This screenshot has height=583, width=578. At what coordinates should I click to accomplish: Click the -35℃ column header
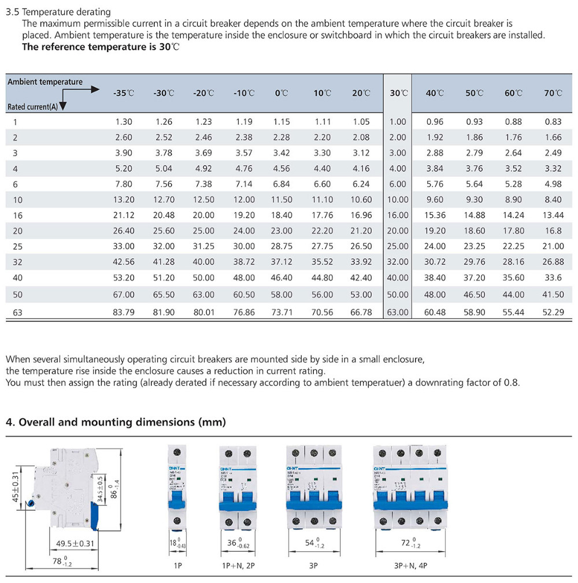point(123,93)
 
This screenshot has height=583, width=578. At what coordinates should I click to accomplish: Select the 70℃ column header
point(553,93)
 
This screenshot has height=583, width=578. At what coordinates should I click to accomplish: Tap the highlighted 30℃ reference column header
point(398,93)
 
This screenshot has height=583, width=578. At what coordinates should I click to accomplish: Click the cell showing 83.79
point(124,313)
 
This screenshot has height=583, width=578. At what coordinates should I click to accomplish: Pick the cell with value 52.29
point(553,313)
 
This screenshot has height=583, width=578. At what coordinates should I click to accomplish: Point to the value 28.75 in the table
point(281,246)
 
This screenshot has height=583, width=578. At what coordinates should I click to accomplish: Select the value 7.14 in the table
point(244,184)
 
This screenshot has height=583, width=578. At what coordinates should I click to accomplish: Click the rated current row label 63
point(17,313)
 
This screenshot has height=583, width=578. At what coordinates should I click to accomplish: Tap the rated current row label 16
point(17,215)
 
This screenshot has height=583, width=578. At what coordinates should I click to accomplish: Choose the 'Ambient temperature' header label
point(45,82)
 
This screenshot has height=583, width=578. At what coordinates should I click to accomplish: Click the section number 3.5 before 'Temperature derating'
point(12,12)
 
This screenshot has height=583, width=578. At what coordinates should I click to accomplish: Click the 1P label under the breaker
point(177,566)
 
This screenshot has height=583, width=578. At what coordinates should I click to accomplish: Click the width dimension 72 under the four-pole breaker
point(406,543)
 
